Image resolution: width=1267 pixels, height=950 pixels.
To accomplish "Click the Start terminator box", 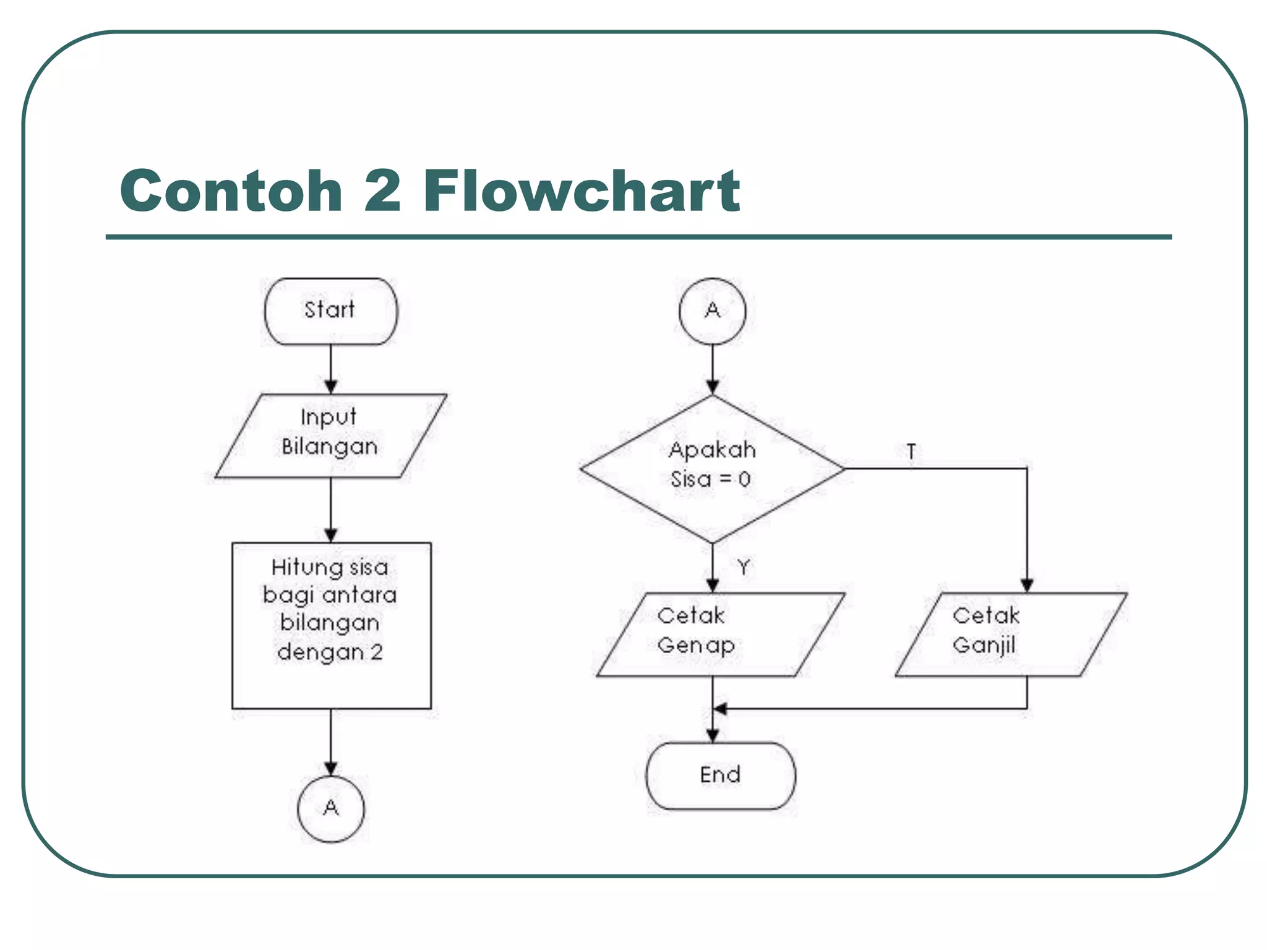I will [330, 311].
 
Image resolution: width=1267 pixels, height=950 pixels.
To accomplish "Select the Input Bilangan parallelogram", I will [330, 435].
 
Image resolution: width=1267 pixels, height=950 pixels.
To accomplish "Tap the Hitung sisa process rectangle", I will [331, 625].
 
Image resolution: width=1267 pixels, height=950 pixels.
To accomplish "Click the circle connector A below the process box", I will [331, 808].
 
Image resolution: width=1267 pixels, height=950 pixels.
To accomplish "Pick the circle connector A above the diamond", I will [712, 310].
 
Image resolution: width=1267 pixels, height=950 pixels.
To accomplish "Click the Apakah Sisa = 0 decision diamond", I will [712, 468].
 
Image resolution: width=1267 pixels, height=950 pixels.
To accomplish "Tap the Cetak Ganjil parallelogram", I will [1011, 635].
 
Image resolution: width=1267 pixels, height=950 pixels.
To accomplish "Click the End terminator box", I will [721, 776].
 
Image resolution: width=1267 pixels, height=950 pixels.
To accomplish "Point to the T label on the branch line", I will [911, 451].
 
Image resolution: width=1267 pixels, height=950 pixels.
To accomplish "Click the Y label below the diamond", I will [743, 567].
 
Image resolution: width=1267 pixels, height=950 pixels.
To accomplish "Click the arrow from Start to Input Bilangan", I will [331, 369].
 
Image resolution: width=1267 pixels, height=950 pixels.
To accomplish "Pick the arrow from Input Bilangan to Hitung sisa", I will [331, 510].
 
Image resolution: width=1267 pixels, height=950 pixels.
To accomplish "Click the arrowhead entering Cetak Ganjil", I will [1027, 584].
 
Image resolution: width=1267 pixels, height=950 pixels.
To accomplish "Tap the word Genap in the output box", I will [696, 646].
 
